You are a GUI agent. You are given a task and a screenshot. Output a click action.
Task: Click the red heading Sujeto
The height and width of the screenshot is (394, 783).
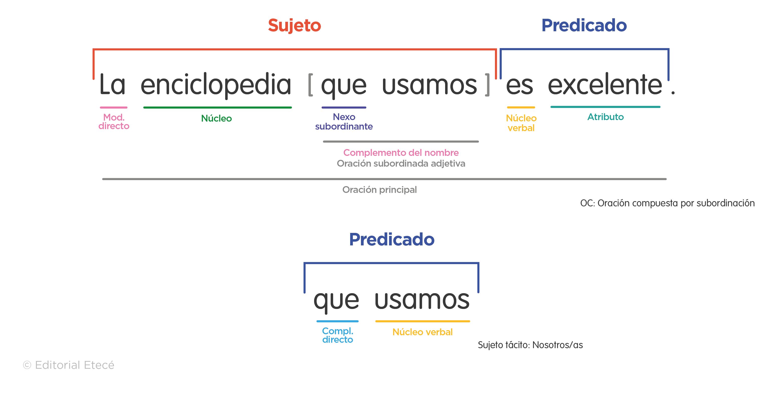(294, 25)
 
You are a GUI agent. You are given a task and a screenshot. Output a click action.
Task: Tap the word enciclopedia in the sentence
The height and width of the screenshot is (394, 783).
(216, 85)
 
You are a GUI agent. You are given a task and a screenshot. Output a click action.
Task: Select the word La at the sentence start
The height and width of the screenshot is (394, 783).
(112, 85)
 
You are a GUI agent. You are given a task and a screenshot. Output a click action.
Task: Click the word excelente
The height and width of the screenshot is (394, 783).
(605, 85)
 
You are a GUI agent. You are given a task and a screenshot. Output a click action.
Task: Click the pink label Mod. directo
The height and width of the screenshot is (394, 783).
(114, 121)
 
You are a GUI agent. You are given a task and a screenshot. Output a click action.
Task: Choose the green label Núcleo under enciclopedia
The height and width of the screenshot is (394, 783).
(216, 118)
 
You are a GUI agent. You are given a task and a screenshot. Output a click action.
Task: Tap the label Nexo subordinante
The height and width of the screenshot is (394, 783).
(344, 121)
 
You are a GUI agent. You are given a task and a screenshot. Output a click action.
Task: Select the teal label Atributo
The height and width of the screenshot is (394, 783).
(605, 117)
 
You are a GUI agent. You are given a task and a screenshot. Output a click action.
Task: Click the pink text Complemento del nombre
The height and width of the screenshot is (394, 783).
(401, 152)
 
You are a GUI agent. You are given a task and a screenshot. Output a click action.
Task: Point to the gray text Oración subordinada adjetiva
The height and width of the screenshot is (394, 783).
(401, 164)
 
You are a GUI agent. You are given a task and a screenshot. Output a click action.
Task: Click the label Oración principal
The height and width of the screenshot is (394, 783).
(379, 190)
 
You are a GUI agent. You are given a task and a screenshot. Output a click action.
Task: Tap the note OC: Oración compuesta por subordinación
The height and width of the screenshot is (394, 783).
(667, 203)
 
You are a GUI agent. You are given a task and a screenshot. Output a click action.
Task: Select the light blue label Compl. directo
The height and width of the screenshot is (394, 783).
(337, 335)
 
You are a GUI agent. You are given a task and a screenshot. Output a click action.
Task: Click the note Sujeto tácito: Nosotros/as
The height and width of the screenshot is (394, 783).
(530, 345)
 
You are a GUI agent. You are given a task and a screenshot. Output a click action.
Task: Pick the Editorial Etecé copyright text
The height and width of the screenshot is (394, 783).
(69, 365)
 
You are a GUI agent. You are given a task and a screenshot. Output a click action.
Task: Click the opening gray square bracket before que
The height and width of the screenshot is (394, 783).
(310, 85)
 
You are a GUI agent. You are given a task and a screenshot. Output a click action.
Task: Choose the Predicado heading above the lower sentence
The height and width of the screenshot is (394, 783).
(391, 239)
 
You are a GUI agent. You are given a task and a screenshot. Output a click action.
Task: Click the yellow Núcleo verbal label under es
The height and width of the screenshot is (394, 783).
(521, 123)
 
